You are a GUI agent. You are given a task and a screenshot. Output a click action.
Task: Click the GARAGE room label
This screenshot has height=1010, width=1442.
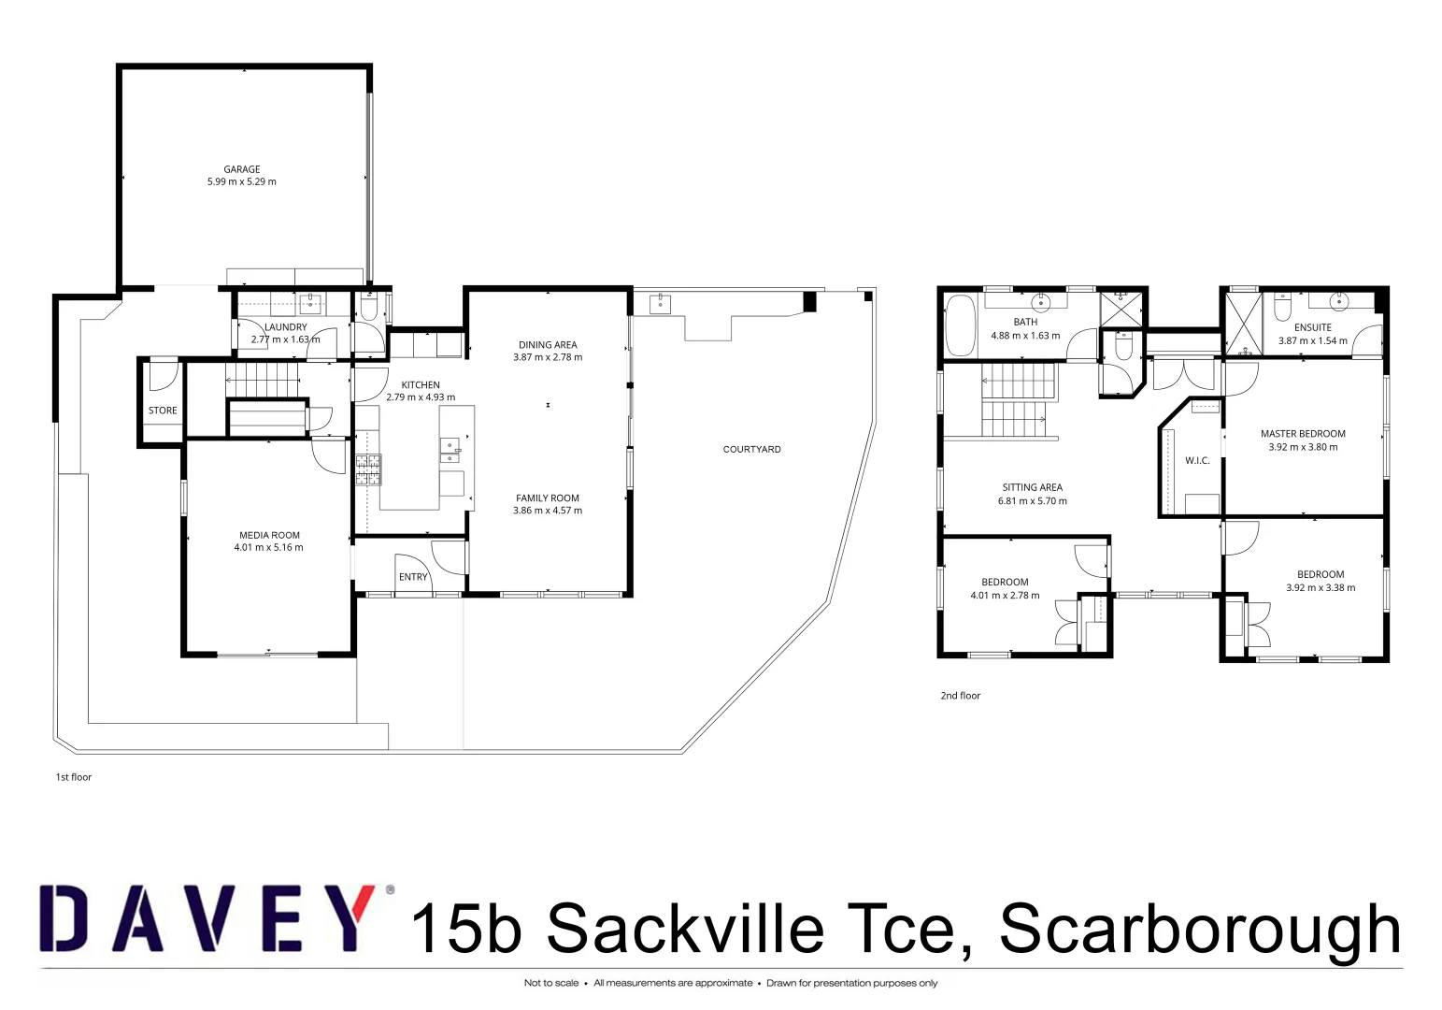[x=241, y=169]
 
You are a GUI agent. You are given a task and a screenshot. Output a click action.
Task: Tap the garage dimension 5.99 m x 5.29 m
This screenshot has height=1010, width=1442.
[x=241, y=182]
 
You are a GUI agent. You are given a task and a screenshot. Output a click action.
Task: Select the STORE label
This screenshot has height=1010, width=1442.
[x=163, y=411]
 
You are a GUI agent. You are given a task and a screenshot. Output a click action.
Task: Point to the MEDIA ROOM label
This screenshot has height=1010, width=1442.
[x=269, y=536]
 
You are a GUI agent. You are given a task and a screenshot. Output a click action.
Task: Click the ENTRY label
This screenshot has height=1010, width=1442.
[x=413, y=577]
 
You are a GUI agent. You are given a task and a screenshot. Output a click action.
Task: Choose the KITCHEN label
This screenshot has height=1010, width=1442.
[x=421, y=385]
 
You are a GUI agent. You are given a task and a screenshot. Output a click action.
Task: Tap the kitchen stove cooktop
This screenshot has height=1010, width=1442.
[x=367, y=469]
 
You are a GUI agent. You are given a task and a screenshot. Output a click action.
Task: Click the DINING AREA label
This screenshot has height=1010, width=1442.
[x=548, y=345]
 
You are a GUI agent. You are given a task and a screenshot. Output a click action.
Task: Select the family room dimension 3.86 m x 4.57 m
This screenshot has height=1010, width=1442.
[x=548, y=511]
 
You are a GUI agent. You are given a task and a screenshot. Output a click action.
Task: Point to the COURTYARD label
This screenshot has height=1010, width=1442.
[x=751, y=450]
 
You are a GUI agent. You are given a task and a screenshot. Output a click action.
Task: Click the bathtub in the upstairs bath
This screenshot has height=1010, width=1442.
[x=960, y=325]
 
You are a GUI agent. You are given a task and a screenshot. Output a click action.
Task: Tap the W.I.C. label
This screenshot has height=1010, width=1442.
[x=1197, y=461]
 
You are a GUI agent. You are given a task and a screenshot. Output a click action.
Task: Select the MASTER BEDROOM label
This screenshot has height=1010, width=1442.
[x=1303, y=434]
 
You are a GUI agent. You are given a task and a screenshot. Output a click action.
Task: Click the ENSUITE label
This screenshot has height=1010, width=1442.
[x=1313, y=327]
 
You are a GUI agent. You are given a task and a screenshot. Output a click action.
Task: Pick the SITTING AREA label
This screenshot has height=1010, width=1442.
[x=1032, y=488]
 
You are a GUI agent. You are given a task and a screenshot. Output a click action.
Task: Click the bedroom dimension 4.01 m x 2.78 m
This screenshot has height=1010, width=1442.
[x=1005, y=596]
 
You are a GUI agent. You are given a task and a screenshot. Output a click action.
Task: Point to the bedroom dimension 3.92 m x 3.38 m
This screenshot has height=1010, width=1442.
[x=1321, y=588]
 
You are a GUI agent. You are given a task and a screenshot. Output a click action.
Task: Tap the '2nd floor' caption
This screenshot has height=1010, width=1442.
[x=960, y=696]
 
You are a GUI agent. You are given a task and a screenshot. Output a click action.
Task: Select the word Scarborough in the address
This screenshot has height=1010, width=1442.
[x=1200, y=929]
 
